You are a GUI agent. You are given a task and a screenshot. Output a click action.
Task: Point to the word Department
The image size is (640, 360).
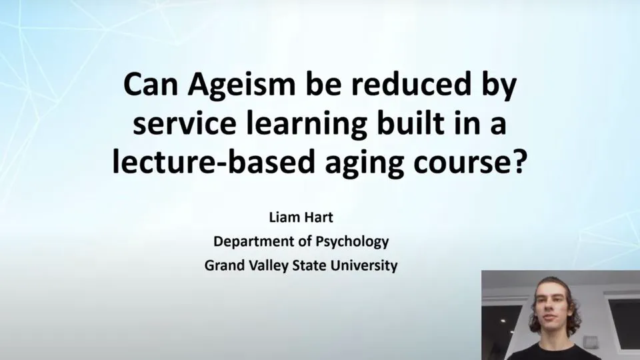(251, 241)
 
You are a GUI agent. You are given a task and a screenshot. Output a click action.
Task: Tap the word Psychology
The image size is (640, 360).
(353, 241)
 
